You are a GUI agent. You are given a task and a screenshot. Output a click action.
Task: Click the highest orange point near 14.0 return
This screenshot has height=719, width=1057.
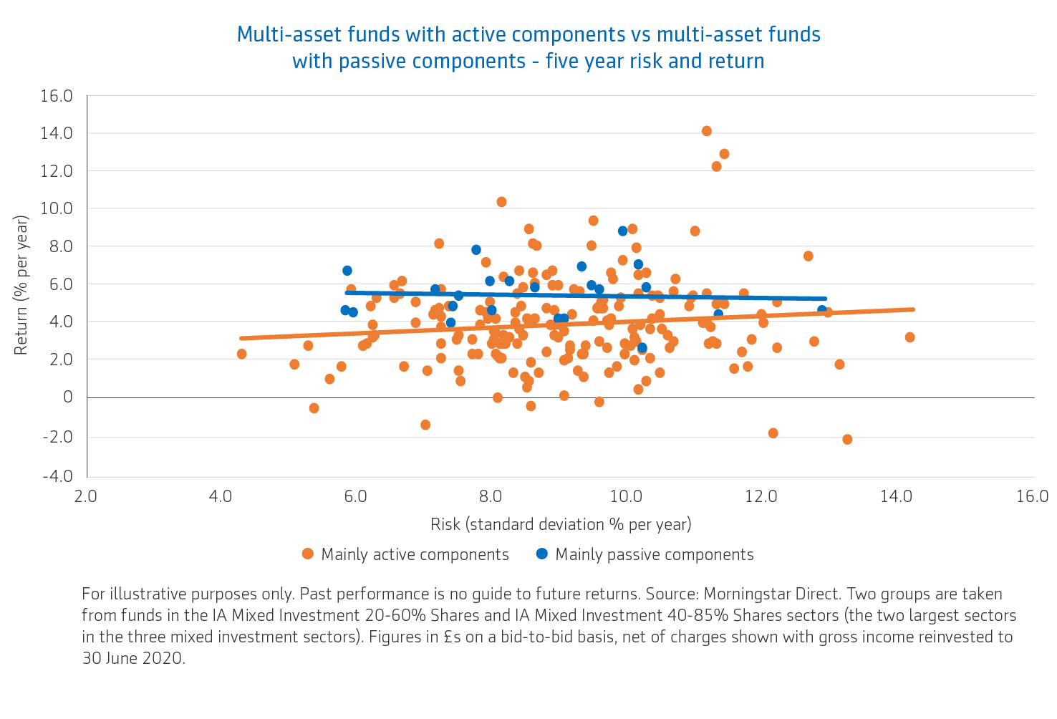(706, 131)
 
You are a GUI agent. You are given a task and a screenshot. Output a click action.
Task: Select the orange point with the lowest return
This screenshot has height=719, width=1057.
(847, 439)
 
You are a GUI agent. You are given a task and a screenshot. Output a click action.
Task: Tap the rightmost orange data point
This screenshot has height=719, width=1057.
(909, 337)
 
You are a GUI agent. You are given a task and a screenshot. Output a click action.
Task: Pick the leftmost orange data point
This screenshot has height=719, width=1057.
(241, 354)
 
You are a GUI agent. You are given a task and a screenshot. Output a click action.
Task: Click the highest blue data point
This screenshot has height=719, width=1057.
(623, 231)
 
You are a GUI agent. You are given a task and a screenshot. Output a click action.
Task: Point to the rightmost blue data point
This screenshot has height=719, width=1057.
(822, 310)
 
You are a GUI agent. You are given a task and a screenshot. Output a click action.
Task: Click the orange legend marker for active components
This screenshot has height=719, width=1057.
(308, 554)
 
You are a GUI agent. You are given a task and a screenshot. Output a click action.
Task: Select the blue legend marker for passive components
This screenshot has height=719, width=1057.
(542, 554)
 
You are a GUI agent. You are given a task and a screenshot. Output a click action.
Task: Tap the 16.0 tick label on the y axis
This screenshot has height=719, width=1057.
(57, 96)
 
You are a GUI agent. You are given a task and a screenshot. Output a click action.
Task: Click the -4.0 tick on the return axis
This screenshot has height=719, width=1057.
(57, 476)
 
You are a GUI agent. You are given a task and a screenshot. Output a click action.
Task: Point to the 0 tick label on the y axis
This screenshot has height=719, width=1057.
(68, 397)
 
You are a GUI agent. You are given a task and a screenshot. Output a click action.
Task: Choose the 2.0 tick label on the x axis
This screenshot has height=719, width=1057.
(86, 496)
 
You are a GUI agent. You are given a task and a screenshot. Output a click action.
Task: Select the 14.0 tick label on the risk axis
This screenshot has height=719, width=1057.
(896, 496)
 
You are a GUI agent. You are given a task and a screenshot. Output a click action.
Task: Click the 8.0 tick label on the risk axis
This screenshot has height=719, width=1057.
(491, 496)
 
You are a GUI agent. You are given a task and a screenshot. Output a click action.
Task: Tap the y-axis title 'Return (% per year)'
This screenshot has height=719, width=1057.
(21, 286)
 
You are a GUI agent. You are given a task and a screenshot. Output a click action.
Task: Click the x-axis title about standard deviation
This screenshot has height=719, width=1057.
(561, 525)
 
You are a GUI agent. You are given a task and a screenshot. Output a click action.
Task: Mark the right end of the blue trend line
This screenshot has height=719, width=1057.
(825, 299)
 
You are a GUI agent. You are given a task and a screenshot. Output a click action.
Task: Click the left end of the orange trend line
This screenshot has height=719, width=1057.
(241, 338)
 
